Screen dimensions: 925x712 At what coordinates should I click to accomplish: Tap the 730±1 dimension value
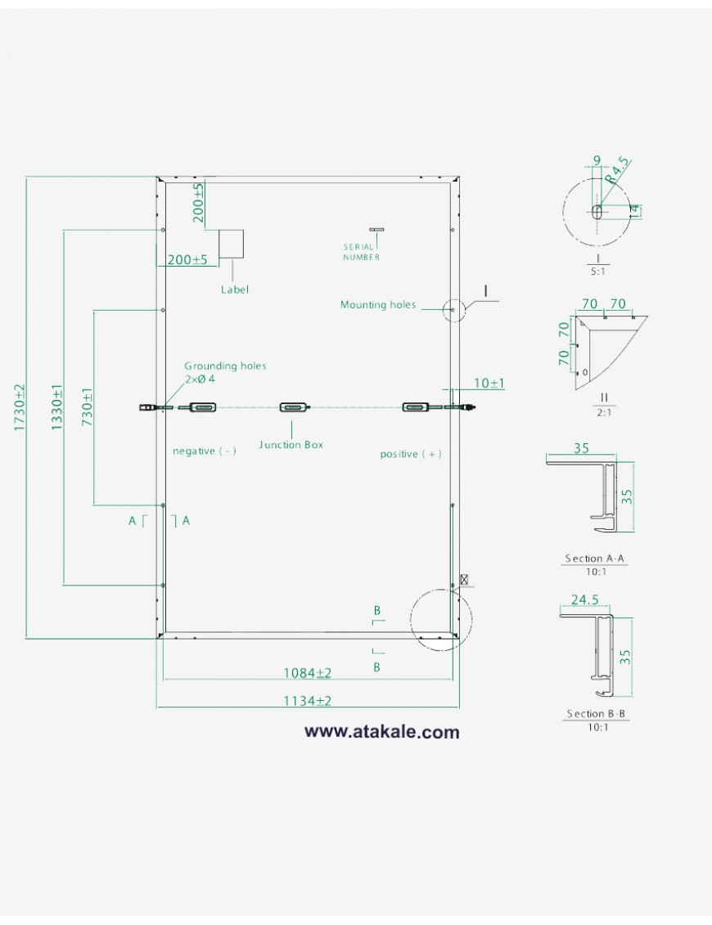click(88, 406)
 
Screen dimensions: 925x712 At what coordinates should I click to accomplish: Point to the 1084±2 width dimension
click(307, 673)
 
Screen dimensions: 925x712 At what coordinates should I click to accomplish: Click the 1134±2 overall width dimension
click(307, 701)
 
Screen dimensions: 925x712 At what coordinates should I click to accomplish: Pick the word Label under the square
click(234, 290)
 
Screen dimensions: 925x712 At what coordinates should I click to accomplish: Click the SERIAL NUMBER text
click(361, 251)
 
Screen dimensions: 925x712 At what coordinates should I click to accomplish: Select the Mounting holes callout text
click(377, 305)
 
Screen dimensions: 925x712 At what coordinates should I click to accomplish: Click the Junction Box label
click(291, 445)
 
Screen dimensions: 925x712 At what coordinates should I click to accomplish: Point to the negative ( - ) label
click(205, 451)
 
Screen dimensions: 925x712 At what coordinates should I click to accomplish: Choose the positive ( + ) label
click(411, 454)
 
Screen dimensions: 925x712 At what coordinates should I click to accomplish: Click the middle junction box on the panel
click(293, 408)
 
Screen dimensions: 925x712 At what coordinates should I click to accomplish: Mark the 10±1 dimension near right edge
click(489, 383)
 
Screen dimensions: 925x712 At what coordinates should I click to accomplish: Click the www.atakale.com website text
click(381, 732)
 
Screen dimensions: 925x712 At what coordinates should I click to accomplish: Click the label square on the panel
click(232, 244)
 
